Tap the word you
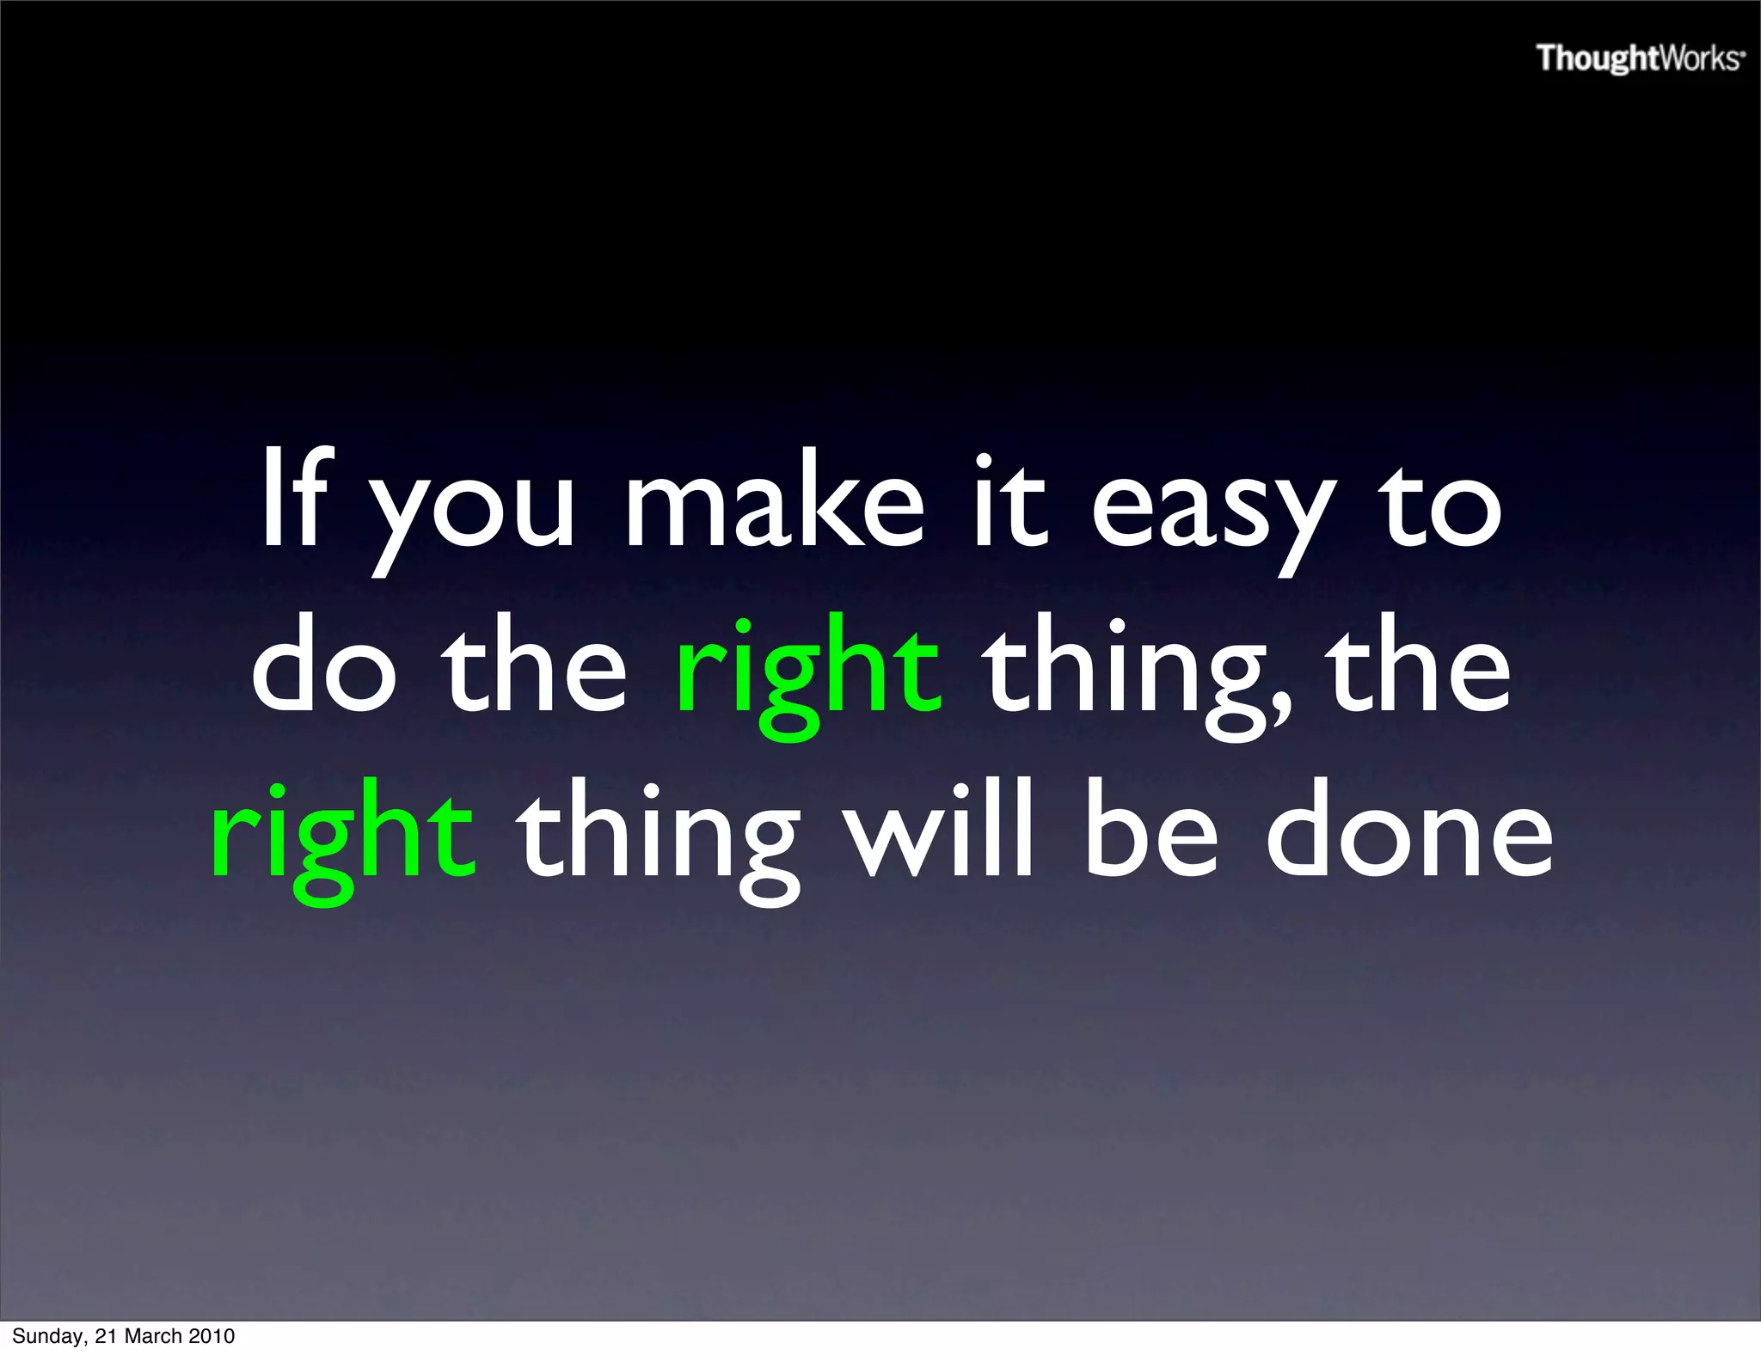473,512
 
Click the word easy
1212,512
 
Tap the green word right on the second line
808,675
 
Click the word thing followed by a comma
1135,675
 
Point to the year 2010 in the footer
212,1336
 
